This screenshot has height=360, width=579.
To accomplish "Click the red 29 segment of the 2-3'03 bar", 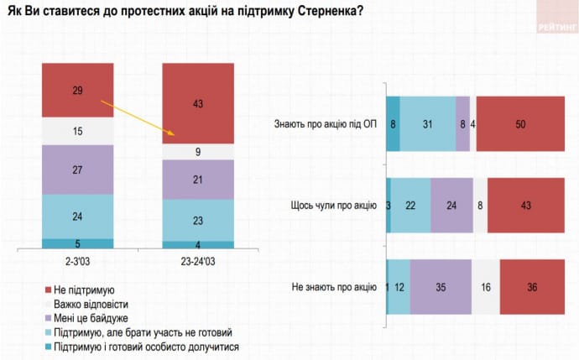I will coord(78,90).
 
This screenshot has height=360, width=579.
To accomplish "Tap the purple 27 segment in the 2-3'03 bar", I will coord(78,169).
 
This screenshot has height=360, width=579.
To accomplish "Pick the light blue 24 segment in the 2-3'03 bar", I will coord(78,216).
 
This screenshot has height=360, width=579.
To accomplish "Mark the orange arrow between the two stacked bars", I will coord(136,117).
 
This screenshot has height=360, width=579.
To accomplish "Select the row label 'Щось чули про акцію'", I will coord(333,206).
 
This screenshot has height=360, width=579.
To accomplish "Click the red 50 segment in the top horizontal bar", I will coord(519,124).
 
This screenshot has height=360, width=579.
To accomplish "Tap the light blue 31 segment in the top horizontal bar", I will coord(427,124).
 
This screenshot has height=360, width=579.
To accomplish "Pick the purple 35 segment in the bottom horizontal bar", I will coord(441,287).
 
